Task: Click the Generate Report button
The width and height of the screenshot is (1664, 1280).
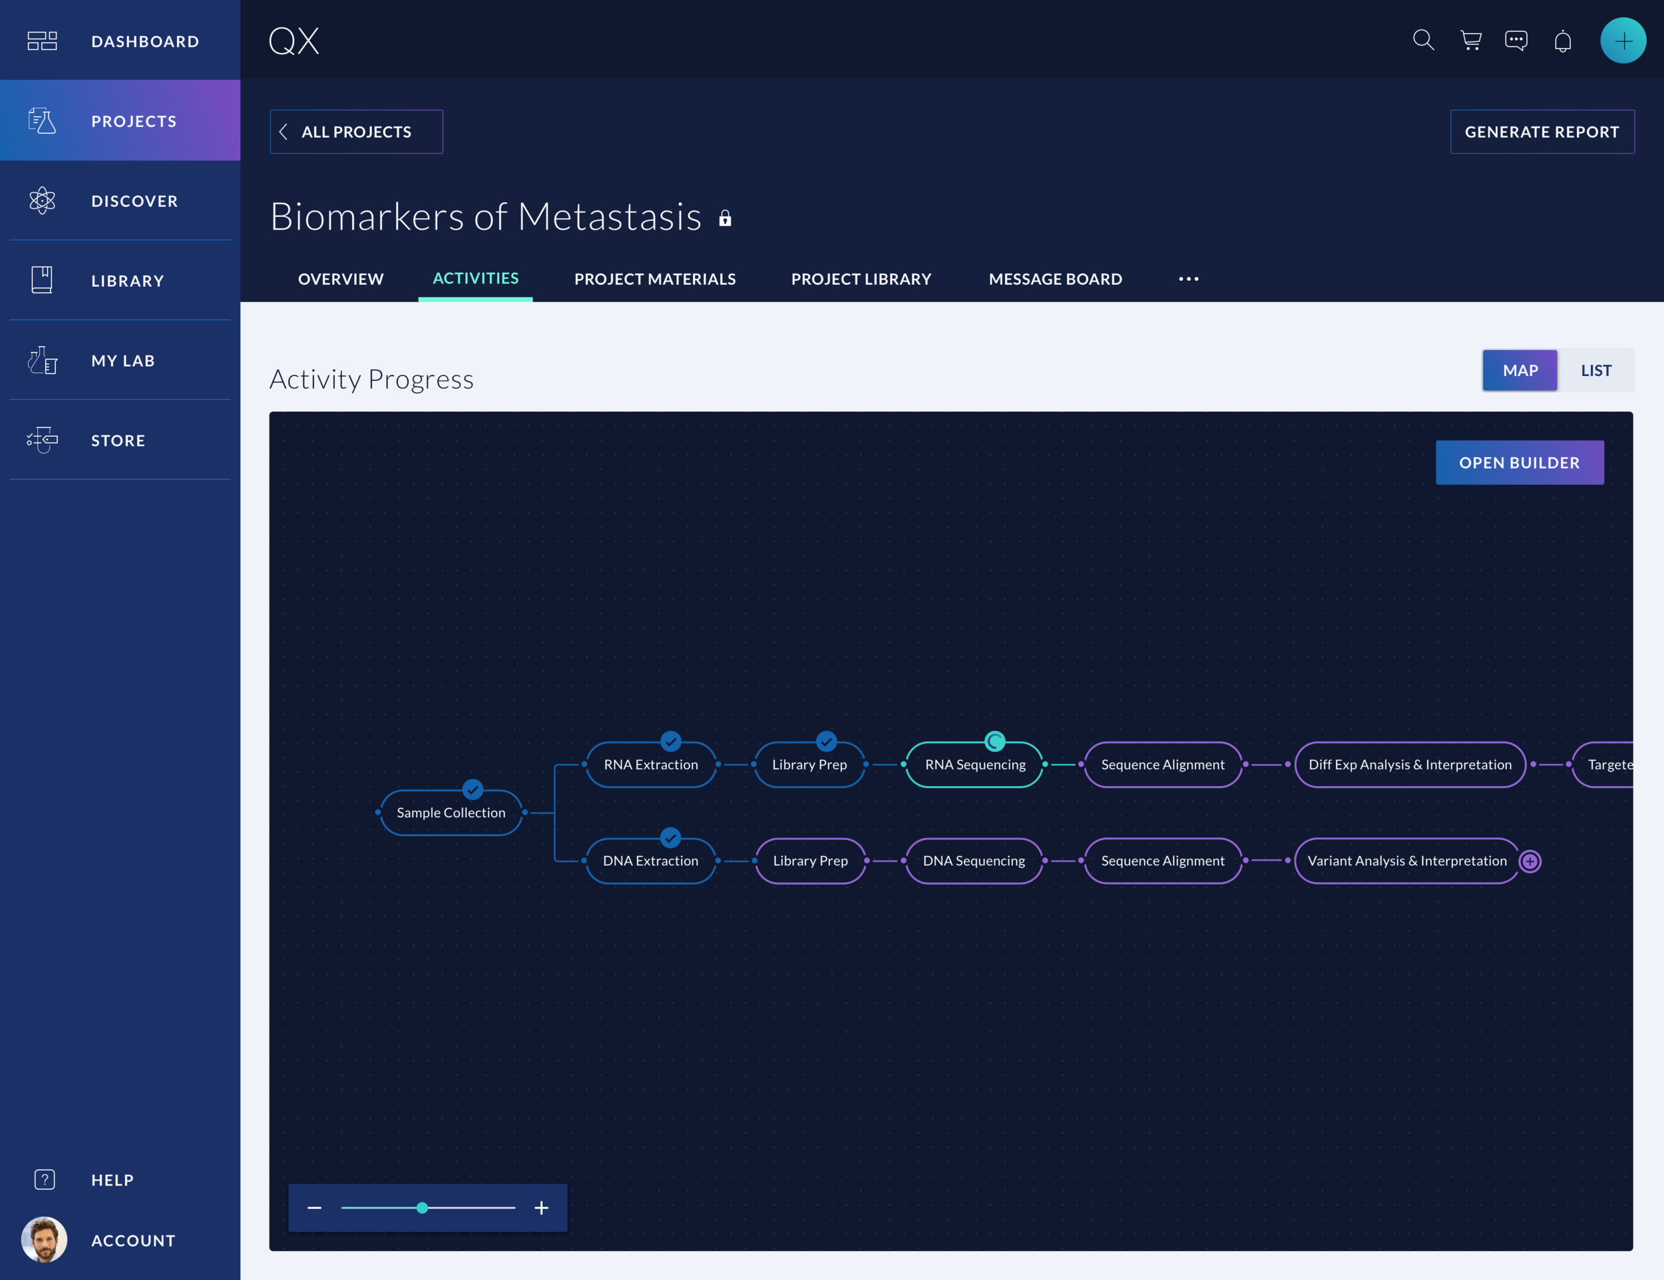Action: (x=1542, y=132)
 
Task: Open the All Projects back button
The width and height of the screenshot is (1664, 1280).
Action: (x=356, y=132)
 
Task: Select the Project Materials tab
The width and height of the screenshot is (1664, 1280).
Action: (x=654, y=279)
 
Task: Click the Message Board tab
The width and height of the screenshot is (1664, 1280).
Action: (x=1054, y=279)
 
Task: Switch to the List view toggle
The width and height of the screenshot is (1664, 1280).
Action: (x=1595, y=370)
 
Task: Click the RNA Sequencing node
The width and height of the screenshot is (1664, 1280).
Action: (x=974, y=765)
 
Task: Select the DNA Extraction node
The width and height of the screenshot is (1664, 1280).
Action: (x=650, y=861)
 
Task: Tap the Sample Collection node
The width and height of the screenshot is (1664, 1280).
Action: (x=451, y=813)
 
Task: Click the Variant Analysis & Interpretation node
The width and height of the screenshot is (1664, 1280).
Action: (x=1406, y=861)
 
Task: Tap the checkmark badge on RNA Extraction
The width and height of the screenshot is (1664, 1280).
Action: (x=670, y=742)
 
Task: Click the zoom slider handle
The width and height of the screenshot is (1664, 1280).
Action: (x=422, y=1207)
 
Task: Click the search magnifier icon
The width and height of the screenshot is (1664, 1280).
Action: (x=1423, y=41)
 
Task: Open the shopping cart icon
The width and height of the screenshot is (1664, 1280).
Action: (x=1470, y=41)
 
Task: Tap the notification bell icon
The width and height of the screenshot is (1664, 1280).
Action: (x=1563, y=41)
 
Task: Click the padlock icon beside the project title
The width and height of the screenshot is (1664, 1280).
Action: (x=725, y=219)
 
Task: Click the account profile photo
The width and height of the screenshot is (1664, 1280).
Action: (x=44, y=1239)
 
